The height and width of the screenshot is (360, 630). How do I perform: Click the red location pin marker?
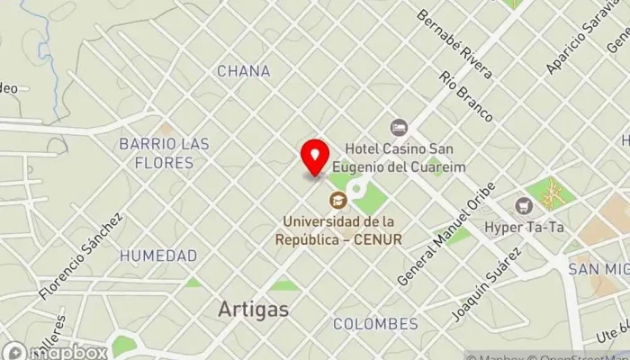click(315, 157)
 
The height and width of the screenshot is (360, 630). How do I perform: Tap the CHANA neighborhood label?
click(243, 71)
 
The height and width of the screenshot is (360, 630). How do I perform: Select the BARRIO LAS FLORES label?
click(164, 153)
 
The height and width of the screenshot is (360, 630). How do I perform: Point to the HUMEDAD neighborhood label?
click(158, 256)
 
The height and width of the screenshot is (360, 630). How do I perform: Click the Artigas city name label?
click(254, 310)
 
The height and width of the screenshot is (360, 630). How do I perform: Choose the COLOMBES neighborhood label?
click(375, 323)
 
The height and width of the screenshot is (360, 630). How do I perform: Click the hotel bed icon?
click(399, 128)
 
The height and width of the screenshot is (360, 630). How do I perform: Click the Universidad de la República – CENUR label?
click(341, 229)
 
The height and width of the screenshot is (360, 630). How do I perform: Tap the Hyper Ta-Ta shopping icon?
click(524, 205)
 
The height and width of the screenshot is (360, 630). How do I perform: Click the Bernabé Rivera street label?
click(454, 44)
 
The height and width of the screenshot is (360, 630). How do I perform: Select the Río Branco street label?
click(466, 96)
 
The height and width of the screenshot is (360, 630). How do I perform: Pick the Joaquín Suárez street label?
click(487, 284)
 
